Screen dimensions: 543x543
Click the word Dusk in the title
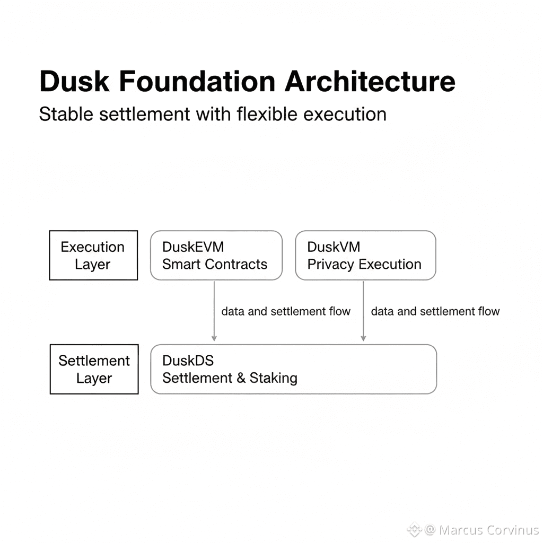pos(74,82)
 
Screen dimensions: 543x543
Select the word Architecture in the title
pos(370,82)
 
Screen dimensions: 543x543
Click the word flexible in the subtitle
pos(267,114)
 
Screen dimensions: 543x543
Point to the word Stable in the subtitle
pos(66,114)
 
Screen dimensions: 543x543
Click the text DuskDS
pos(188,361)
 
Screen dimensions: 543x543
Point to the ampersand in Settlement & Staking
pos(241,378)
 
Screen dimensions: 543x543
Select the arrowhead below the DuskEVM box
pos(214,338)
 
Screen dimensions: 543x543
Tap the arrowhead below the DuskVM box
pos(363,338)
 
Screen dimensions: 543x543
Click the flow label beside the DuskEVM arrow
pos(286,311)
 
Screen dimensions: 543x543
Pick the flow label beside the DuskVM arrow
pos(435,311)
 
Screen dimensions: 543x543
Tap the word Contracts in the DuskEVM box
pos(236,265)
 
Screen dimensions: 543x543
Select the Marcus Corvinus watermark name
pos(489,530)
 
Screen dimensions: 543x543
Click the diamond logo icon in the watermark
pos(414,530)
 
